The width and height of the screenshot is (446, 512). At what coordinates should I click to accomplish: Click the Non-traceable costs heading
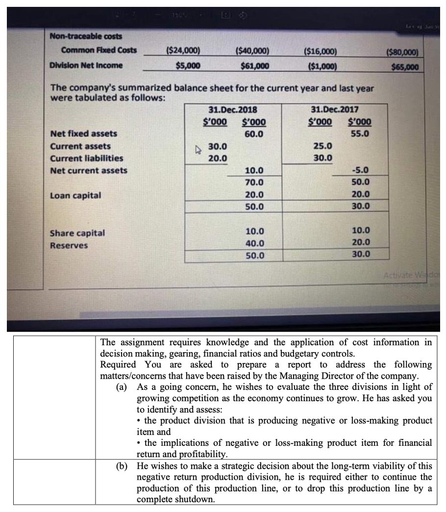pos(86,36)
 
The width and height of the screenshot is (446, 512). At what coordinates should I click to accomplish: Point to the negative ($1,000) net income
pos(320,67)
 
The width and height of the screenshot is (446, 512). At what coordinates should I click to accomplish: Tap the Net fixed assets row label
pos(84,133)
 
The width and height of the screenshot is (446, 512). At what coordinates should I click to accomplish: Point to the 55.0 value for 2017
pos(360,133)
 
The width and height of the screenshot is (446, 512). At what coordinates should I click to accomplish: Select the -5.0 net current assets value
pos(360,171)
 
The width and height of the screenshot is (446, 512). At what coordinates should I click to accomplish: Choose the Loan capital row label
pos(75,195)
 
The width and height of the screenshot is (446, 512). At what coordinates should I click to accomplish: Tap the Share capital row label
pos(77,233)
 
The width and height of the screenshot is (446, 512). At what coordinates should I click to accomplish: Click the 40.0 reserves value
pos(254,243)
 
